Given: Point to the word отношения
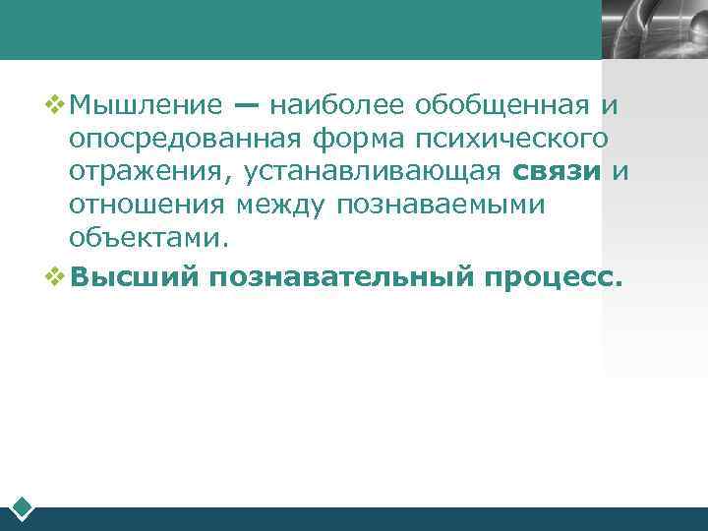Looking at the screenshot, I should (x=147, y=206).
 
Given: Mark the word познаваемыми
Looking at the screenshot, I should (x=440, y=206).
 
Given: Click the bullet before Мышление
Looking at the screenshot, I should (x=56, y=103).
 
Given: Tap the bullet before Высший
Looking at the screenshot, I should (x=56, y=276).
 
